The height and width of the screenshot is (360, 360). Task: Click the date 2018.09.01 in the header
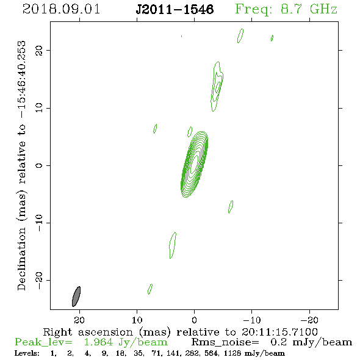click(61, 9)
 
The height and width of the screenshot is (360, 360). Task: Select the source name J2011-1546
click(175, 9)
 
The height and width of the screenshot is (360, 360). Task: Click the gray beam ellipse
click(76, 297)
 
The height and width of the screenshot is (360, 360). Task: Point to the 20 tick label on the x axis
click(79, 320)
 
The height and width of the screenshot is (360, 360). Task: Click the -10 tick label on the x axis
click(252, 320)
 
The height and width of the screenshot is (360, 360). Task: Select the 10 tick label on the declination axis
click(39, 107)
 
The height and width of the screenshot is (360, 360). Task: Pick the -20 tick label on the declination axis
click(39, 280)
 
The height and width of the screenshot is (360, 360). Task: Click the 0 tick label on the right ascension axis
click(194, 320)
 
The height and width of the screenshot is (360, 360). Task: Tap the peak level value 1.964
click(98, 342)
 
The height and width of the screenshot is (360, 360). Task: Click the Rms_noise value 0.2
click(278, 342)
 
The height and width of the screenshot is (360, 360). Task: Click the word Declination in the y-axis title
click(21, 259)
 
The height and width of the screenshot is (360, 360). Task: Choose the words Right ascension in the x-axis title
click(88, 332)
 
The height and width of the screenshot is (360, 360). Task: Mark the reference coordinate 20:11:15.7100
click(279, 332)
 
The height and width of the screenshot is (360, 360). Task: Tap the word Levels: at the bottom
click(27, 353)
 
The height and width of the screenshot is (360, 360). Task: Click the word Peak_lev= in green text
click(43, 342)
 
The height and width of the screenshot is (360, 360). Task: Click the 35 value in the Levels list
click(139, 353)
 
